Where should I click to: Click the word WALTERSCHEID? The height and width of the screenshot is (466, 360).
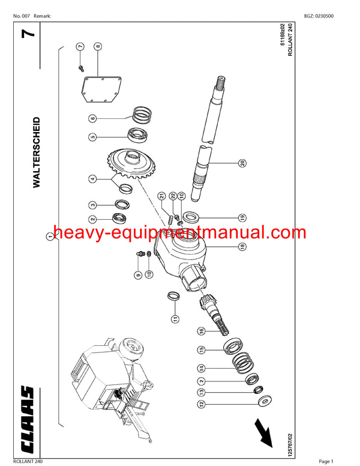(36, 153)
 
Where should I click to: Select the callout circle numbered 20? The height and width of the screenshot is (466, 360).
(242, 163)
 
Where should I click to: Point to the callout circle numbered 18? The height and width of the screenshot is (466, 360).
(242, 247)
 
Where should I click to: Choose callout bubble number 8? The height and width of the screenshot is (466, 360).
(97, 46)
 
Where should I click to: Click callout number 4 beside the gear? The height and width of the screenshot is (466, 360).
(93, 178)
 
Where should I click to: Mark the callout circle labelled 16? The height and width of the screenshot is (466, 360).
(202, 330)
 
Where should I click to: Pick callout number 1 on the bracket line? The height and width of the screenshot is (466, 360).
(49, 236)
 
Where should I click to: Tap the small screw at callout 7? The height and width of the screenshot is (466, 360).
(82, 68)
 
